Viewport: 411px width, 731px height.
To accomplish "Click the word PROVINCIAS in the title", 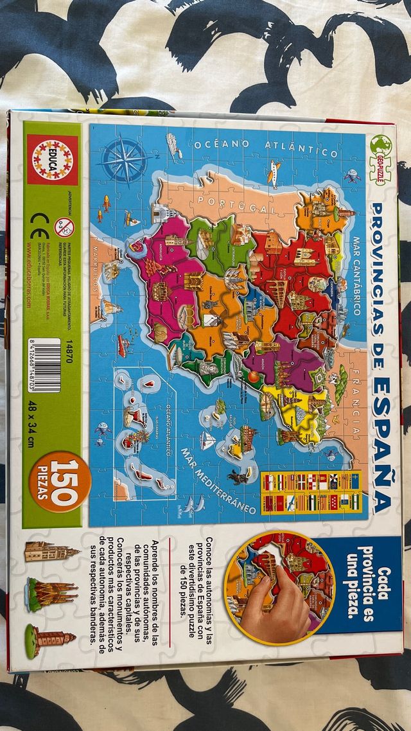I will coord(380,270).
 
